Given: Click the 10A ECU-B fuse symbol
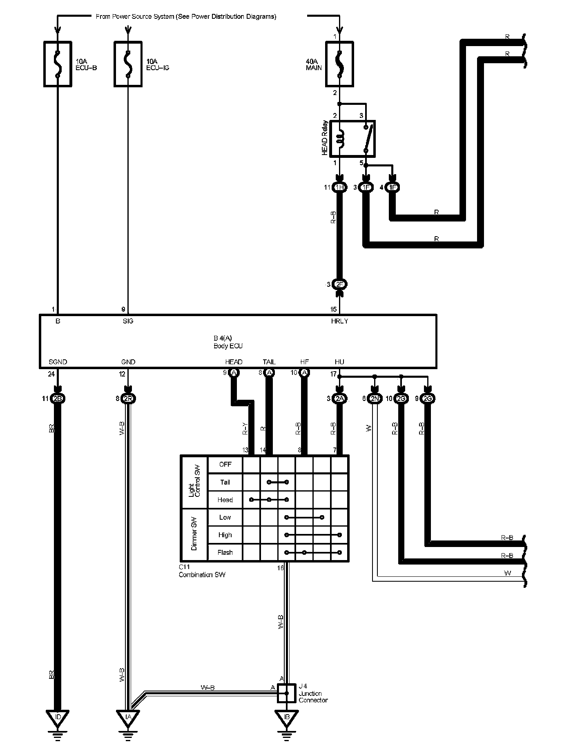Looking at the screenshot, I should (x=58, y=64).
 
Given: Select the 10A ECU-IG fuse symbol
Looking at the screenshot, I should (x=128, y=64).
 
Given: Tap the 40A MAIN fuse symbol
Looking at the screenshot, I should (x=339, y=64).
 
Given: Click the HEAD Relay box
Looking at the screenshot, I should (x=352, y=138).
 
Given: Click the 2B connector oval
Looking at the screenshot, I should (x=58, y=399).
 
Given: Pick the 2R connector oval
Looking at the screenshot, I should (x=128, y=399).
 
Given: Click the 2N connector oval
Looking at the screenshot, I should (x=375, y=399).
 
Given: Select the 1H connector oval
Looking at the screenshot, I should (x=339, y=187).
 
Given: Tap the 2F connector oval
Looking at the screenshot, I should (x=339, y=284).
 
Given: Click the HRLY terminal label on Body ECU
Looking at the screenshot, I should (x=339, y=321).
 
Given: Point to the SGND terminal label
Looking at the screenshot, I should (x=58, y=362).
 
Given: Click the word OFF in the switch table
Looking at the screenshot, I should (x=225, y=464).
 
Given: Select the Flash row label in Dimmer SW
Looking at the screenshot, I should (x=225, y=552).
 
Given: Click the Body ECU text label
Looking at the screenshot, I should (x=228, y=346).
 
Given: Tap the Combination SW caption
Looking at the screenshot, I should (x=202, y=575).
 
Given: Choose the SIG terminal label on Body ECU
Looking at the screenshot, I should (x=128, y=321).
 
